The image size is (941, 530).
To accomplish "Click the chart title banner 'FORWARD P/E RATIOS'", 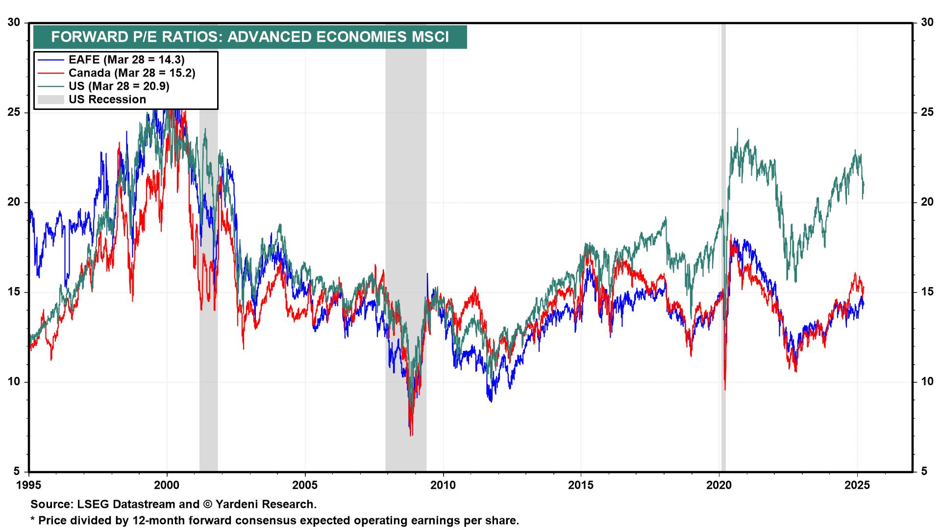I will pos(250,37).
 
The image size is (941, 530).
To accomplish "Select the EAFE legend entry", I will pos(126,60).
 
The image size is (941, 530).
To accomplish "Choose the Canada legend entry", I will pos(132,73).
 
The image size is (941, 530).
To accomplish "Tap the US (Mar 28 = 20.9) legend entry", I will pos(119,86).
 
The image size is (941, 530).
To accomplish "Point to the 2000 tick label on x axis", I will pos(167,485).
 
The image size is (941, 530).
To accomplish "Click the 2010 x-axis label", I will pos(443,485).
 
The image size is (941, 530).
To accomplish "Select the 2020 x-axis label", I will pos(719,485).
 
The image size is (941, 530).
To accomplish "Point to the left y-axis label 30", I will pos(15,23).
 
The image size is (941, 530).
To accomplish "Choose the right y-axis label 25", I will pos(926,112).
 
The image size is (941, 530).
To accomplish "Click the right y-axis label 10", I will pos(926,382).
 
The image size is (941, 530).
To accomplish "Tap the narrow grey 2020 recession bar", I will pos(723,294).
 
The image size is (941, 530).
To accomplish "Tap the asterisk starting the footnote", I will pos(33,519).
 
